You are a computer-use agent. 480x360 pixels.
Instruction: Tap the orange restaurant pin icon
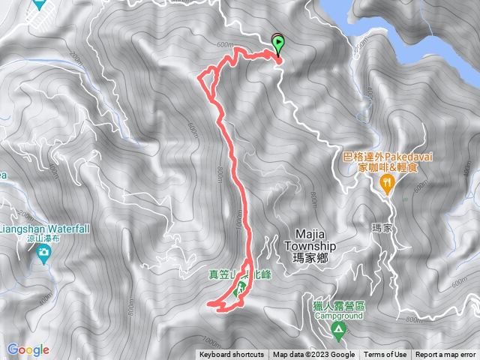point(388,183)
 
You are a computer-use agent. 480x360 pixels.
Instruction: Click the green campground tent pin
point(339,328)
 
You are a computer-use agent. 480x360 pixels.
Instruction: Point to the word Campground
point(338,316)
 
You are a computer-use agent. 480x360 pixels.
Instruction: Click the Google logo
point(28,349)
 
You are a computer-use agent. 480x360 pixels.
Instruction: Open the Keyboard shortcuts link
point(232,355)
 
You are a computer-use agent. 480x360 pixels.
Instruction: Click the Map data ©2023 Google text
point(313,355)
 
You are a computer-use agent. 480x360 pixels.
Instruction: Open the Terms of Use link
point(385,355)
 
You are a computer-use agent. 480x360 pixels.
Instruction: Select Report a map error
point(445,355)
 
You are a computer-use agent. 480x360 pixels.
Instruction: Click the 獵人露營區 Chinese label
point(338,306)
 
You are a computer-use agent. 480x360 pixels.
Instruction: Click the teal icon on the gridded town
point(38,4)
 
